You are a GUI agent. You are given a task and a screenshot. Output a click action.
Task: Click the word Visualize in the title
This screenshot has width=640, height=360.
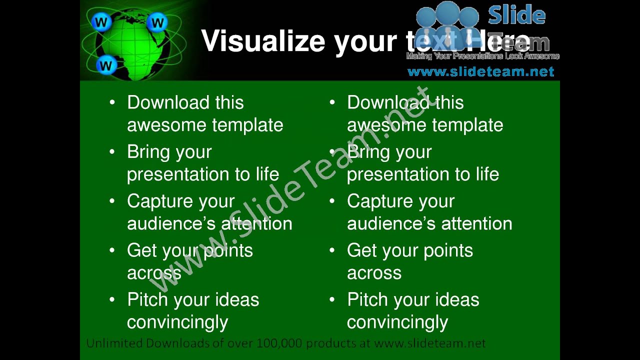click(x=264, y=41)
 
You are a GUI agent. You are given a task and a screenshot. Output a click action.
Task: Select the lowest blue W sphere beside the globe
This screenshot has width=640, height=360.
click(x=105, y=64)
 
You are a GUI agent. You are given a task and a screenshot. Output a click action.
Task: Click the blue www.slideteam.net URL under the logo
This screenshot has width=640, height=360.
click(x=480, y=72)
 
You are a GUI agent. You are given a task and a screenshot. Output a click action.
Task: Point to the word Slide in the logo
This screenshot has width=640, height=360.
click(x=516, y=15)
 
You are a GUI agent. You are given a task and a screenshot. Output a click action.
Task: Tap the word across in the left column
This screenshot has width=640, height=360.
click(x=154, y=273)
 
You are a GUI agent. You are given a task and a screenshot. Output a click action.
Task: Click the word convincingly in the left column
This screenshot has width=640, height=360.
click(x=177, y=322)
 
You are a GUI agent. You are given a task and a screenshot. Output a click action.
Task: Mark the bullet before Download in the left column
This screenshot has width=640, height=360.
click(x=112, y=102)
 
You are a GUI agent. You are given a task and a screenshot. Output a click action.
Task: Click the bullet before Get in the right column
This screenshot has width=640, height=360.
click(x=332, y=250)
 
